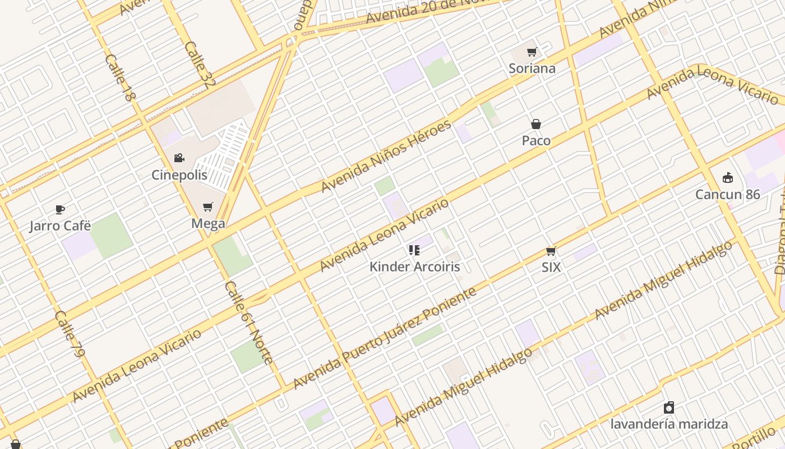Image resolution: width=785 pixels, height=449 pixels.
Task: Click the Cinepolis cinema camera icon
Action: pyautogui.click(x=179, y=158)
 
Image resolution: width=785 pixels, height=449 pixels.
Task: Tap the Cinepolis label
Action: pyautogui.click(x=179, y=175)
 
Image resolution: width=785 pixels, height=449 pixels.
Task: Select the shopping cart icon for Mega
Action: pyautogui.click(x=208, y=207)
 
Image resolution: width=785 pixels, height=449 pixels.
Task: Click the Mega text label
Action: pyautogui.click(x=208, y=223)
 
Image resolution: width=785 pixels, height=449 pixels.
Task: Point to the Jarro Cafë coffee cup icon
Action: pyautogui.click(x=60, y=210)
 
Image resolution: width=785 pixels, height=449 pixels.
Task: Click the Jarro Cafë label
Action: pyautogui.click(x=60, y=226)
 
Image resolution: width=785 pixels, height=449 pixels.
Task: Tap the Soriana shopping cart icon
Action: pyautogui.click(x=532, y=52)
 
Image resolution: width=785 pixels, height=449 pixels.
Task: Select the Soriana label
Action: pyautogui.click(x=532, y=68)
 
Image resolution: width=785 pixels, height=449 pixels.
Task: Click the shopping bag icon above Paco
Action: pyautogui.click(x=536, y=124)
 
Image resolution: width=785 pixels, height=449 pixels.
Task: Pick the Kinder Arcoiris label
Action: pyautogui.click(x=414, y=267)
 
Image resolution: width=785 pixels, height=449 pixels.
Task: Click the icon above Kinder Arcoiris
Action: pyautogui.click(x=414, y=250)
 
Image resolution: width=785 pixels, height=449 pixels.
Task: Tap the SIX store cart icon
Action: pyautogui.click(x=551, y=251)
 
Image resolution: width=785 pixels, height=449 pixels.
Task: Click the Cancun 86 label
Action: pyautogui.click(x=727, y=195)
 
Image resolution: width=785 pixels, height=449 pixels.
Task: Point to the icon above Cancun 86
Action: pyautogui.click(x=728, y=178)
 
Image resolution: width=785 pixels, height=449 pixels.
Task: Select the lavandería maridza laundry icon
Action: pyautogui.click(x=668, y=407)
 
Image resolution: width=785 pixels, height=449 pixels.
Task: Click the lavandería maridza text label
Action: pyautogui.click(x=668, y=424)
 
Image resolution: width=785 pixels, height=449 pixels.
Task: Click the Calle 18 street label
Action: pyautogui.click(x=120, y=77)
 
